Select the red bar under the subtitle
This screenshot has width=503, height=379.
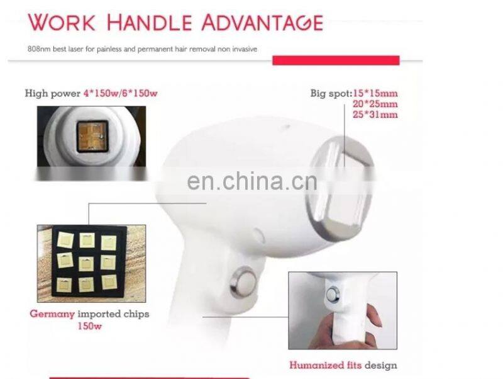click(x=336, y=60)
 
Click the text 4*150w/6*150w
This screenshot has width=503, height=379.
click(x=120, y=93)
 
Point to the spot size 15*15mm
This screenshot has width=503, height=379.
click(x=375, y=93)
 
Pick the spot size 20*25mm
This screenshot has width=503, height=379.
click(x=376, y=104)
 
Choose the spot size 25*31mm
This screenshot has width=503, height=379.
click(x=376, y=115)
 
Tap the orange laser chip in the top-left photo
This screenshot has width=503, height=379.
click(x=92, y=136)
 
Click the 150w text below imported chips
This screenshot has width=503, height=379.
click(x=90, y=326)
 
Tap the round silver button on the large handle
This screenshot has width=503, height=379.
click(x=243, y=282)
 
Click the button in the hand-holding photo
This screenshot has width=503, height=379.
click(x=333, y=294)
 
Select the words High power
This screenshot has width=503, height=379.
click(x=53, y=93)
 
